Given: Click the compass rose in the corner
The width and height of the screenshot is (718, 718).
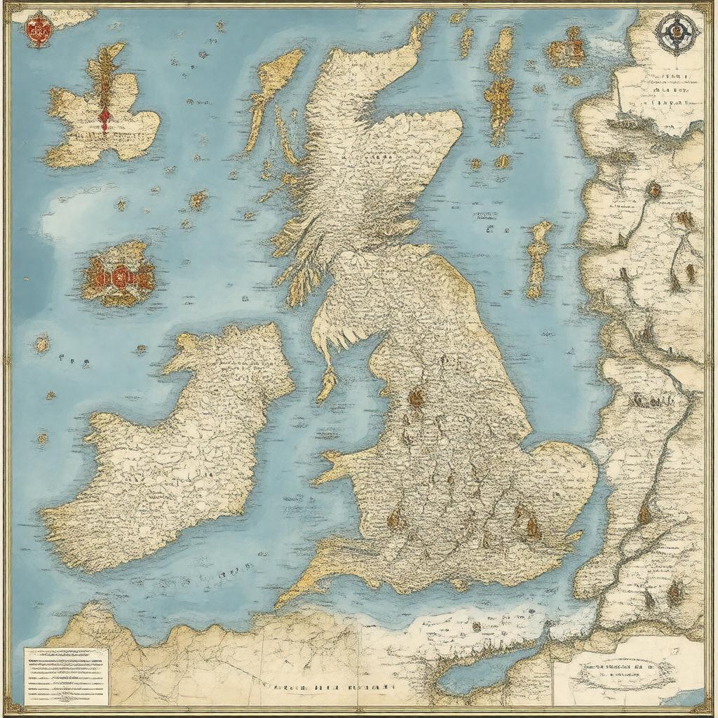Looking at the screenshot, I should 677,31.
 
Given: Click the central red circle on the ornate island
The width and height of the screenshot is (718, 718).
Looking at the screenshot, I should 117,274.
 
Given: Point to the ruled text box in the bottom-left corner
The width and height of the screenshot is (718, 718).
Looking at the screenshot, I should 67,675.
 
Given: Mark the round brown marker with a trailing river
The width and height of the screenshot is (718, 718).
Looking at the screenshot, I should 653,189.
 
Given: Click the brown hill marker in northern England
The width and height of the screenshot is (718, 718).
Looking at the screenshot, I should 416,398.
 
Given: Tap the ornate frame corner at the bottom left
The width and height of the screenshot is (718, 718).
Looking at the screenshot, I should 10,708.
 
